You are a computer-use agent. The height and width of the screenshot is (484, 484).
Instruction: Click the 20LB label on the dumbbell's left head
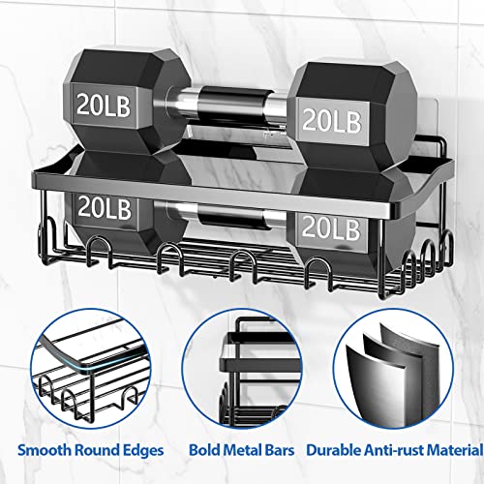pos(104,105)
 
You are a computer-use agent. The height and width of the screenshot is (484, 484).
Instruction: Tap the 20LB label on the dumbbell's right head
pos(332,120)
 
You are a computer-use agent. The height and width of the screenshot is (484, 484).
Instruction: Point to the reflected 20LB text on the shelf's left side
pos(105,208)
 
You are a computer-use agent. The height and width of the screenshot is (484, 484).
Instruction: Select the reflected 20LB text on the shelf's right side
pos(331,228)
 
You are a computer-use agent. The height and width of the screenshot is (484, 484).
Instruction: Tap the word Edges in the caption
pos(143,451)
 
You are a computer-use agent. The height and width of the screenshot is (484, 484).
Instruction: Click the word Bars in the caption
pos(280,450)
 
